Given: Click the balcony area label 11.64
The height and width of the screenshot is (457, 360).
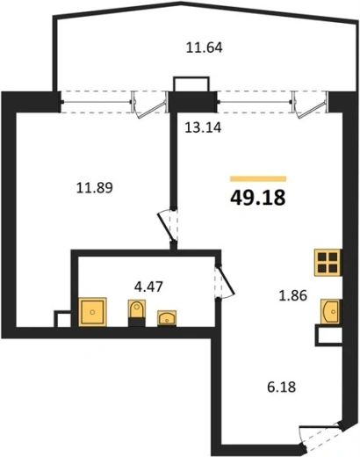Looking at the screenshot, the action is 205,47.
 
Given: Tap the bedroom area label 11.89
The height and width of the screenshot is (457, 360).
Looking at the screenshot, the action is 95,187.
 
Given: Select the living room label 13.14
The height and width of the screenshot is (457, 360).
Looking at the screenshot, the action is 203,127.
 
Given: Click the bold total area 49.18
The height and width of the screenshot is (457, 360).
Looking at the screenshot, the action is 257,198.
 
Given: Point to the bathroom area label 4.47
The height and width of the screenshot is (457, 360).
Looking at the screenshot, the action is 148,287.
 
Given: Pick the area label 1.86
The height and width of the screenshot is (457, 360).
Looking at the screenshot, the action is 292,295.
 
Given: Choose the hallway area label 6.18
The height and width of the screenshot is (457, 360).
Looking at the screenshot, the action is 282,387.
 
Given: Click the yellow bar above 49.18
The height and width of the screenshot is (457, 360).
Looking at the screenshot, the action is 258,178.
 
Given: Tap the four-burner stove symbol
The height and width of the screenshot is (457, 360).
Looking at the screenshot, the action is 328,263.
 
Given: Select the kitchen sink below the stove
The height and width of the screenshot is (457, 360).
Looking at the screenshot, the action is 331,311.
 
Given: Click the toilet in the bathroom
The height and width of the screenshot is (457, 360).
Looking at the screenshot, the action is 137,313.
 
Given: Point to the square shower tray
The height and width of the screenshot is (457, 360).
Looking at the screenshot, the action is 93,312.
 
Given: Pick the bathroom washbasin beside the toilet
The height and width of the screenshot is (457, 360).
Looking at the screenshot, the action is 167,318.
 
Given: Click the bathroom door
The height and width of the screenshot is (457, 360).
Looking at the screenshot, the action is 225,282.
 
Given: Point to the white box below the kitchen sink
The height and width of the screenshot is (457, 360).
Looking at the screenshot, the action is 328,336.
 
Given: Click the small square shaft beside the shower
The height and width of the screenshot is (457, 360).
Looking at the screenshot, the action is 63,319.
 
